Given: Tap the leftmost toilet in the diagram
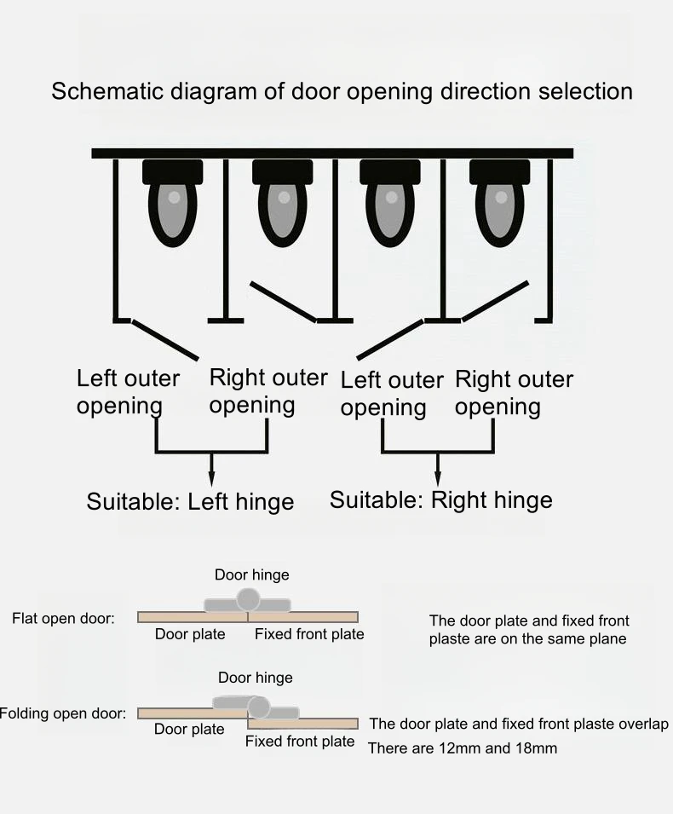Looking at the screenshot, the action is pyautogui.click(x=173, y=203).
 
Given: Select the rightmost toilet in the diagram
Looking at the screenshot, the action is pyautogui.click(x=500, y=203).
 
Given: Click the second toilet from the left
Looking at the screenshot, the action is pyautogui.click(x=283, y=203).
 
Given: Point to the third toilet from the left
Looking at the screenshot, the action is pyautogui.click(x=390, y=203).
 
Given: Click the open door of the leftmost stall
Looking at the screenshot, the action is pyautogui.click(x=165, y=340).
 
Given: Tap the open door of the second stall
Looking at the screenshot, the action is pyautogui.click(x=284, y=302).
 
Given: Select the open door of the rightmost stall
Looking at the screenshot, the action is pyautogui.click(x=495, y=301).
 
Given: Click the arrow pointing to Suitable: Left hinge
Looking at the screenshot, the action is pyautogui.click(x=211, y=470).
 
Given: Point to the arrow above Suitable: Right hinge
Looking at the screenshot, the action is pyautogui.click(x=437, y=470).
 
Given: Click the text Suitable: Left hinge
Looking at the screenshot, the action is pyautogui.click(x=190, y=501).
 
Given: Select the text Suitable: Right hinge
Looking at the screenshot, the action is pyautogui.click(x=441, y=500).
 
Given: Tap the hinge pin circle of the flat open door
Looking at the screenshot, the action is pyautogui.click(x=248, y=599).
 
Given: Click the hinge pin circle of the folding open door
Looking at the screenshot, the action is pyautogui.click(x=258, y=707).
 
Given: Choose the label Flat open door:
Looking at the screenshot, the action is pyautogui.click(x=63, y=618).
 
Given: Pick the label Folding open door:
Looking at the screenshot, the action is pyautogui.click(x=63, y=713).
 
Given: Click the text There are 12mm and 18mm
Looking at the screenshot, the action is pyautogui.click(x=463, y=748).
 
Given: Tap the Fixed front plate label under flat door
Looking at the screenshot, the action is pyautogui.click(x=309, y=634).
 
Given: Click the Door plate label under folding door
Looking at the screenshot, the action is pyautogui.click(x=189, y=729).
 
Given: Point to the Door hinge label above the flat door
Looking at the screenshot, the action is pyautogui.click(x=252, y=574).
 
